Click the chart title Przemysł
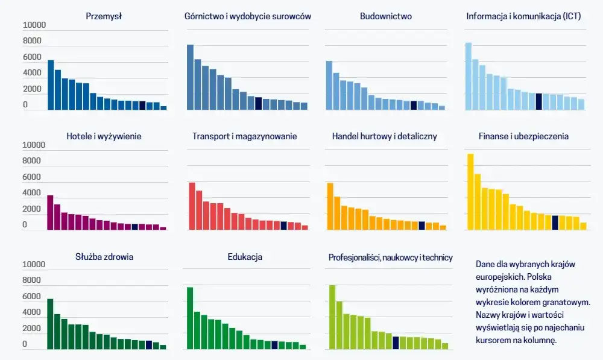click(104, 16)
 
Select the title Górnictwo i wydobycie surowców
click(247, 16)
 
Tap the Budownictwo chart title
click(386, 16)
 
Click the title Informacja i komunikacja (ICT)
click(523, 16)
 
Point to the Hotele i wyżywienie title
click(104, 136)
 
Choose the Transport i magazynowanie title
click(245, 136)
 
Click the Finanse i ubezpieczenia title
click(524, 136)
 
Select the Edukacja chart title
click(245, 257)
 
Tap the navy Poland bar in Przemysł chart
click(142, 106)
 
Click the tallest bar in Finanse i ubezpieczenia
click(470, 192)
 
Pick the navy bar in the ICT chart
click(538, 102)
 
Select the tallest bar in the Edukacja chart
click(190, 318)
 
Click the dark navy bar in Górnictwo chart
click(258, 104)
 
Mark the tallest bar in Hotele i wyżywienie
click(50, 212)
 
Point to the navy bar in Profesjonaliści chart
click(396, 343)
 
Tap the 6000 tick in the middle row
click(33, 177)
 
